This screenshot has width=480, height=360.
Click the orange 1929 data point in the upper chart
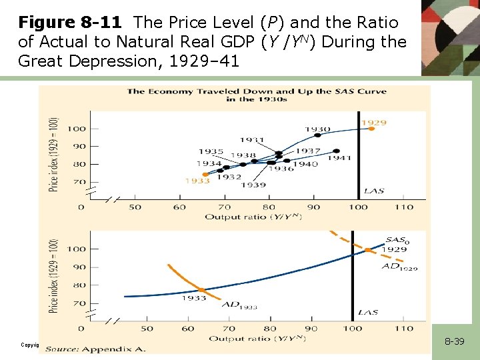click(371, 129)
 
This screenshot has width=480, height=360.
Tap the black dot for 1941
click(336, 151)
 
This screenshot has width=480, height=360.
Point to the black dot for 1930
click(317, 137)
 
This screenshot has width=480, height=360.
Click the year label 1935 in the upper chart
click(211, 152)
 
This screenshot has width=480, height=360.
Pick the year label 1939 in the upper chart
click(253, 185)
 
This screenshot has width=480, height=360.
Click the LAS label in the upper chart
click(373, 191)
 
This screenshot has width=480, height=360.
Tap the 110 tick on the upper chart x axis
click(404, 207)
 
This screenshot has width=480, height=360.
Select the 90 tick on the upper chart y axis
click(78, 147)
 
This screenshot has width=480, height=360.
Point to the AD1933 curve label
click(239, 305)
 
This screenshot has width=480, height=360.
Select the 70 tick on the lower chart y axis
click(78, 303)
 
